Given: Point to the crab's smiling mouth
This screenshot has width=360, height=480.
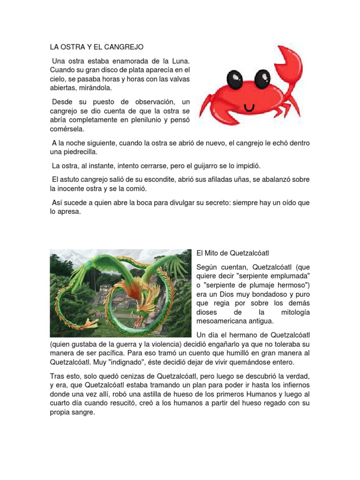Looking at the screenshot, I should coord(249,107).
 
